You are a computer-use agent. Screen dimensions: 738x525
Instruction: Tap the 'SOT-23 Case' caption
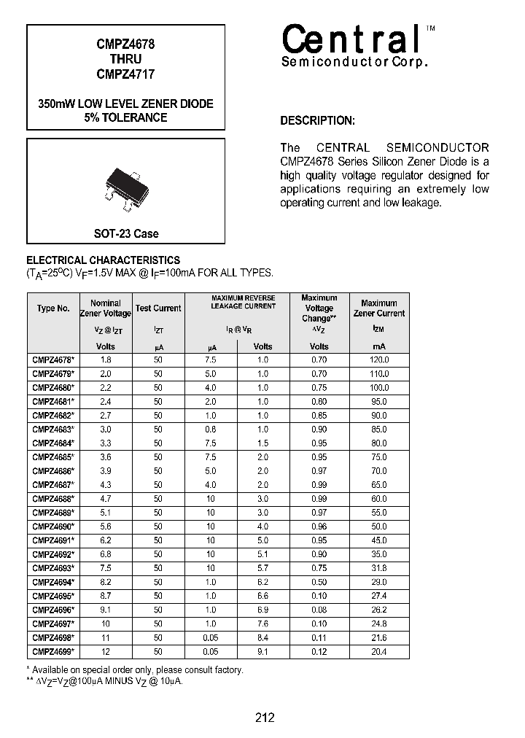click(125, 233)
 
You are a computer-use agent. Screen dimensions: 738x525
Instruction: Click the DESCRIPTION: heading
click(318, 121)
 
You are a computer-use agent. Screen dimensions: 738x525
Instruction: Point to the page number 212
click(265, 718)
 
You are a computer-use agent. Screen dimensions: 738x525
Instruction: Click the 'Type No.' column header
click(53, 308)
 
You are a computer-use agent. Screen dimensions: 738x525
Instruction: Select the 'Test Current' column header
click(158, 308)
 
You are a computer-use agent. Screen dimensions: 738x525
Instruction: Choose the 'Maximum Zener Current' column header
click(378, 308)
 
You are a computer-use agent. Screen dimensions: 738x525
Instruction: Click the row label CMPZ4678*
click(53, 360)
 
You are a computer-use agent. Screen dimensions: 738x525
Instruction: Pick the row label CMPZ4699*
click(53, 651)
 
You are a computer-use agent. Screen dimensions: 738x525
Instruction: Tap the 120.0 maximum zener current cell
click(378, 360)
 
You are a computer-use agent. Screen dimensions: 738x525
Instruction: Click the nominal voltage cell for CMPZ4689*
click(106, 513)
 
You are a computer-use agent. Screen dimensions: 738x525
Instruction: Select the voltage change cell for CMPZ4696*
click(319, 610)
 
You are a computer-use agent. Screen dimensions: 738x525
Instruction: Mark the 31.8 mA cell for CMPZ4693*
click(378, 568)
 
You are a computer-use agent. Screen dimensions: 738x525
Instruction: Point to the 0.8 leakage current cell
click(211, 430)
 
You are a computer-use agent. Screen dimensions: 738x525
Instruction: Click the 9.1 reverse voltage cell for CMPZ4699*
click(262, 651)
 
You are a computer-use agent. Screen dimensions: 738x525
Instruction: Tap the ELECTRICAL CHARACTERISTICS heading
click(103, 260)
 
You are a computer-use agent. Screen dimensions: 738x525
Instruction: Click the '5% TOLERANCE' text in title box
click(125, 117)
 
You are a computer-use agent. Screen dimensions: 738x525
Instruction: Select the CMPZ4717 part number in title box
click(125, 74)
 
